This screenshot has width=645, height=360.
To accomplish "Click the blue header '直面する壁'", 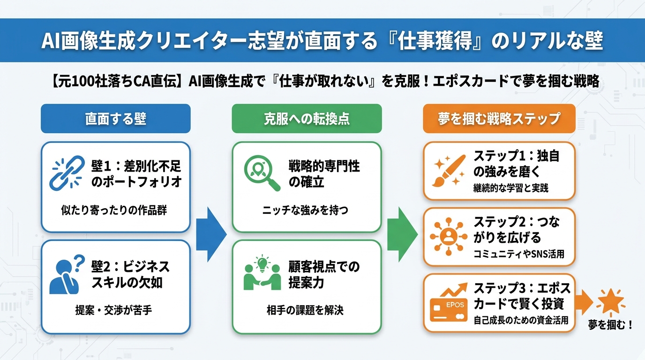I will [116, 118].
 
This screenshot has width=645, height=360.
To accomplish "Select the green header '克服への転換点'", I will [307, 118].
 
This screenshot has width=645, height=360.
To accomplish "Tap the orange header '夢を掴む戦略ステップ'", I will [499, 118].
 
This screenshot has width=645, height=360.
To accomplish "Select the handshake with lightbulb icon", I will [262, 274].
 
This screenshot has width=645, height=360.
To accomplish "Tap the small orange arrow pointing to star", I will [585, 302].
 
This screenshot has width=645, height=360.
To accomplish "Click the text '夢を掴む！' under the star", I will [611, 325].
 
